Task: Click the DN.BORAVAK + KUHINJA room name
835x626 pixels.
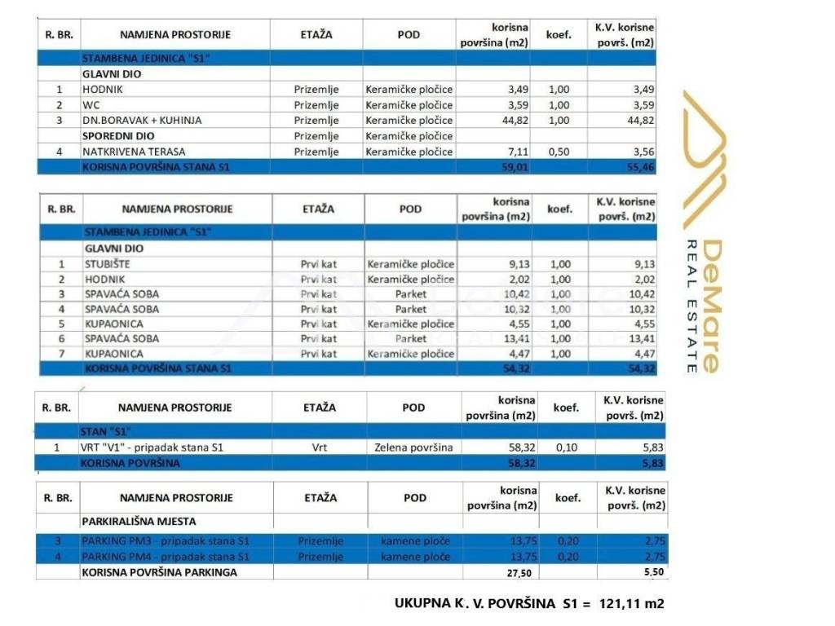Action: pos(141,120)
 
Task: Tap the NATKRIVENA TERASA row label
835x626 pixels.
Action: pos(133,152)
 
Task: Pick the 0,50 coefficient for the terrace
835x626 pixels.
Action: pos(559,152)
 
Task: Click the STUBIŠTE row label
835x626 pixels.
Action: pos(107,264)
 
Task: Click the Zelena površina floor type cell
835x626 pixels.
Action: pos(413,447)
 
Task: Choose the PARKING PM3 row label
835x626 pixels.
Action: pos(165,541)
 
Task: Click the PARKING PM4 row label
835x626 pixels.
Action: pos(165,557)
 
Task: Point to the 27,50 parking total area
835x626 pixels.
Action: pos(519,573)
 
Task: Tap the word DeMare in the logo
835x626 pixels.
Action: pos(710,306)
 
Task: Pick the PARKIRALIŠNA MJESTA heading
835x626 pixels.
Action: pos(139,521)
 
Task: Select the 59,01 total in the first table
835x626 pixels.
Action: pos(513,167)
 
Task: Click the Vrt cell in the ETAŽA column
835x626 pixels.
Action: pos(318,447)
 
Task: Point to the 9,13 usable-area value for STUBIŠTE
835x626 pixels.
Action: pos(513,264)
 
